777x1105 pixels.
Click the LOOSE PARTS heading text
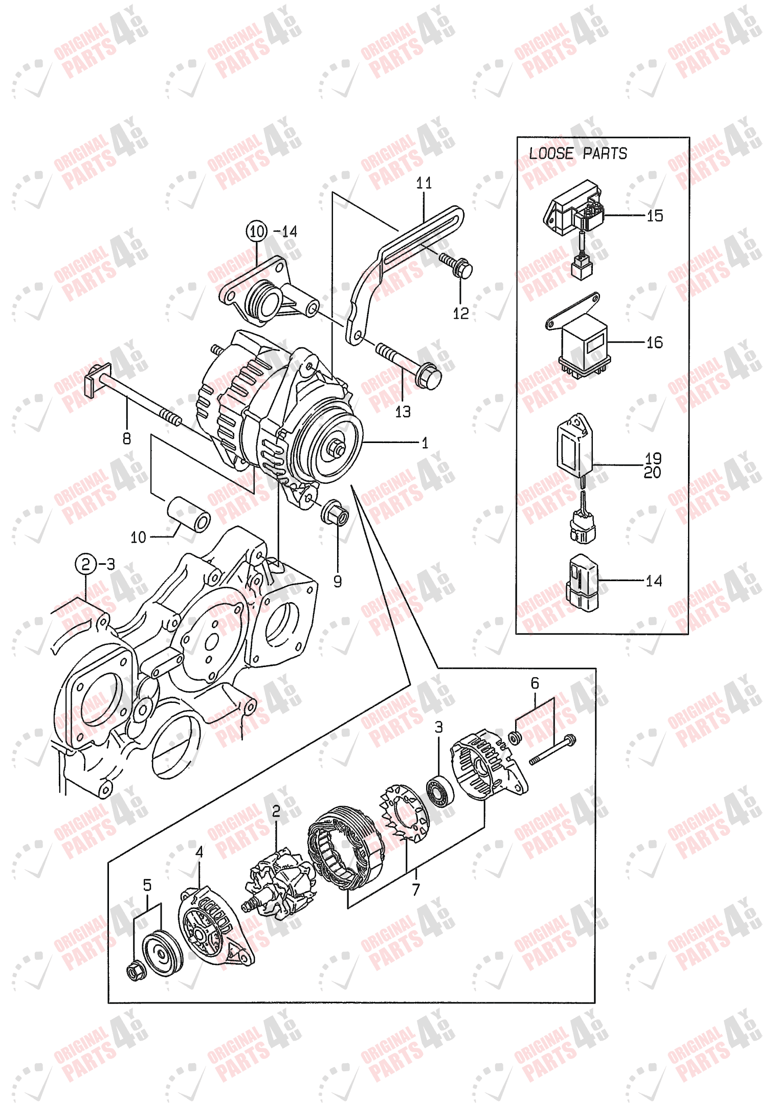tap(578, 153)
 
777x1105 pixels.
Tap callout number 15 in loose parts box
tap(654, 216)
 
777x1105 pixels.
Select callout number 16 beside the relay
tap(654, 342)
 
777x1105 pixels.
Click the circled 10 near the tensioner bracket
tap(257, 231)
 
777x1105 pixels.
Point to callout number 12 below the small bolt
tap(460, 313)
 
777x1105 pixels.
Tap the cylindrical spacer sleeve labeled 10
tap(190, 514)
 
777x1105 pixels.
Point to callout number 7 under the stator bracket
tap(416, 890)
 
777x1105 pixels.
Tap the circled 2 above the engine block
tap(85, 564)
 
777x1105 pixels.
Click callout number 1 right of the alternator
tap(425, 443)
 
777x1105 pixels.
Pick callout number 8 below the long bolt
tap(127, 438)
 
